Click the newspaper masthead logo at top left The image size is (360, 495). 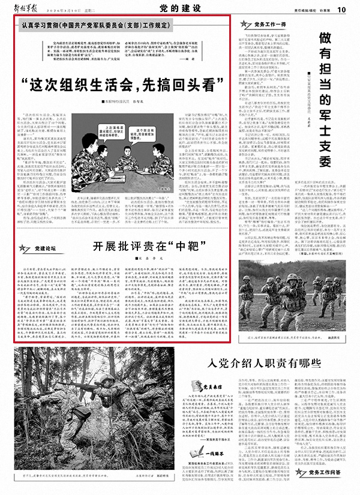pyautogui.click(x=27, y=8)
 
